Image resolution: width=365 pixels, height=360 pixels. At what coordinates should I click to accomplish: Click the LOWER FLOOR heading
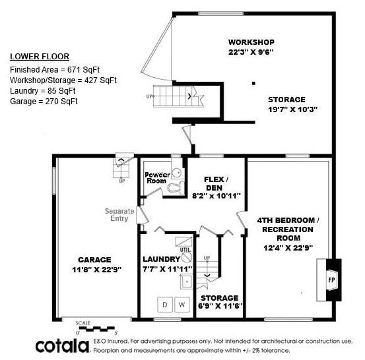(x=40, y=56)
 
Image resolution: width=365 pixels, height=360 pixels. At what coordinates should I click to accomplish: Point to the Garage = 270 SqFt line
(x=44, y=101)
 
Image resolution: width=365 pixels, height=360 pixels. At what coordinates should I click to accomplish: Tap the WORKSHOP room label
(x=251, y=41)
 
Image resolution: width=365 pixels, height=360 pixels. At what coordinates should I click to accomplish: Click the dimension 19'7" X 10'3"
(x=292, y=109)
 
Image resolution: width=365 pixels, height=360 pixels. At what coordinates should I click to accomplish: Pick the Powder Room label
(x=156, y=177)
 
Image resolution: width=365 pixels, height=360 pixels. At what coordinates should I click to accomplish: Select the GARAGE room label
(x=94, y=259)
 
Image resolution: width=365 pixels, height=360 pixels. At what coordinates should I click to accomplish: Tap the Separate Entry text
(x=119, y=215)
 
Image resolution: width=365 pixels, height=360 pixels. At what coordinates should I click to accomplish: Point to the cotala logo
(x=62, y=345)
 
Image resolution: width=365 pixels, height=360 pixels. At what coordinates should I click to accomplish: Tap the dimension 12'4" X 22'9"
(x=288, y=247)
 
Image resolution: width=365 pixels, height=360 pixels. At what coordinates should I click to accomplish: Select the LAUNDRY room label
(x=161, y=259)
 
